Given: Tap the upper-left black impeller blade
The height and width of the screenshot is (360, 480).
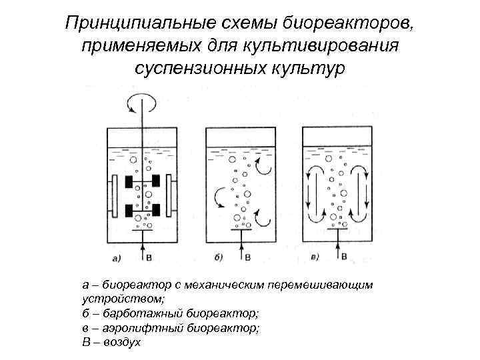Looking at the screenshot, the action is click(127, 181).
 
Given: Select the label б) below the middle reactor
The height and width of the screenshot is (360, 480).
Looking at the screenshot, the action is click(219, 256).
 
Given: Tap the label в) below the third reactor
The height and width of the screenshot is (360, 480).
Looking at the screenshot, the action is click(315, 256).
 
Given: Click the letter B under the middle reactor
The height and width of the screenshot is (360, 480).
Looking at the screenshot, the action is click(249, 256).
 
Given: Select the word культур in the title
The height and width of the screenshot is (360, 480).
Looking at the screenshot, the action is click(308, 69).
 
